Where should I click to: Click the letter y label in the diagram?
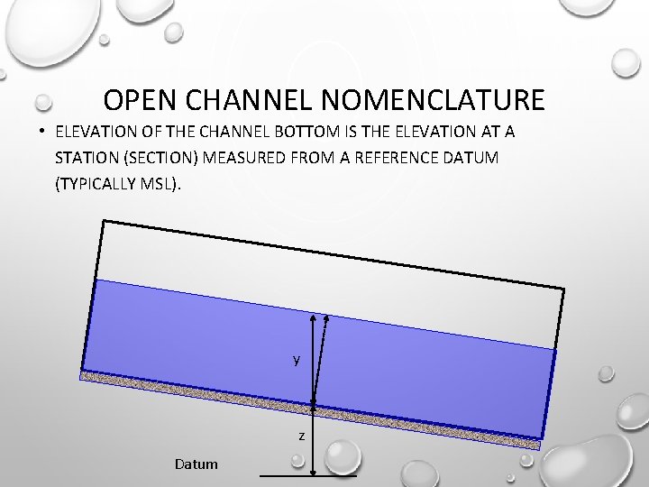tap(297, 360)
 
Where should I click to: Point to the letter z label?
tap(302, 436)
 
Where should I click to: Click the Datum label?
tap(197, 464)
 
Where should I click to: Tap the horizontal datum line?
tap(288, 474)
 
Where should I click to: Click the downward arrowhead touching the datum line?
tap(313, 470)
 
